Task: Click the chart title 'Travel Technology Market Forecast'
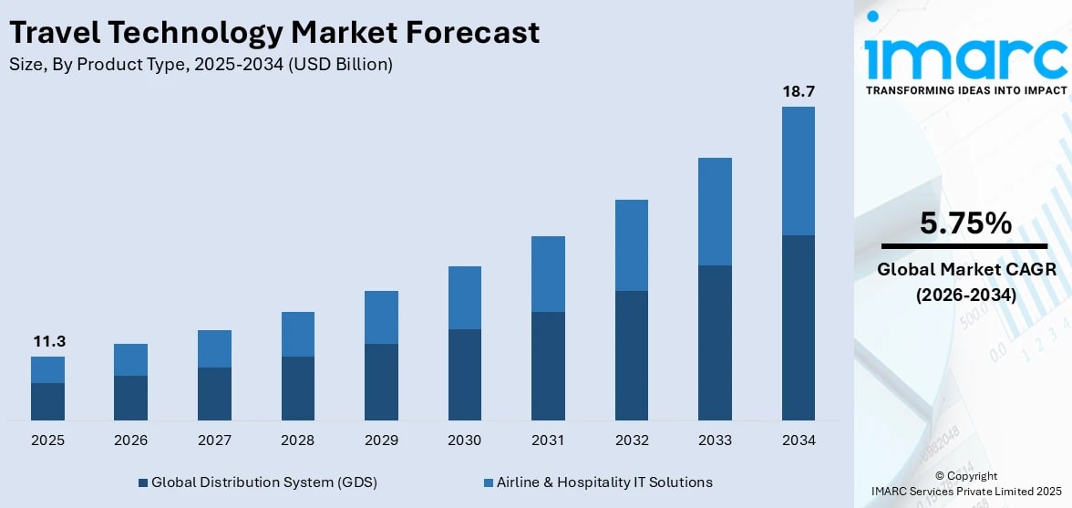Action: tap(273, 33)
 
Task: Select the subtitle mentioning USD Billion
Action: tap(201, 65)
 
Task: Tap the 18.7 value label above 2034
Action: tap(798, 91)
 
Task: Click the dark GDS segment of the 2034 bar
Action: tap(798, 327)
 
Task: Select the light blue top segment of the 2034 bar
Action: tap(798, 171)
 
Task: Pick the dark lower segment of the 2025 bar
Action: tap(47, 401)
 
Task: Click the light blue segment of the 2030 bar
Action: tap(464, 297)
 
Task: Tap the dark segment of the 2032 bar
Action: tap(631, 356)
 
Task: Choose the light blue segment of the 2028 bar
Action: tap(297, 334)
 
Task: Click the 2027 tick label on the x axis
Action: tap(214, 441)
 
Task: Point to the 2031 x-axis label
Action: tap(548, 441)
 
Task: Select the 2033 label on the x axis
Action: tap(715, 441)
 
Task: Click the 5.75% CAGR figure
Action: tap(964, 223)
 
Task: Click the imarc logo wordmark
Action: tap(964, 57)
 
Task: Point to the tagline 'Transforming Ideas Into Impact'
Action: tap(965, 90)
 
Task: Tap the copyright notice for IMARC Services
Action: tap(965, 483)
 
